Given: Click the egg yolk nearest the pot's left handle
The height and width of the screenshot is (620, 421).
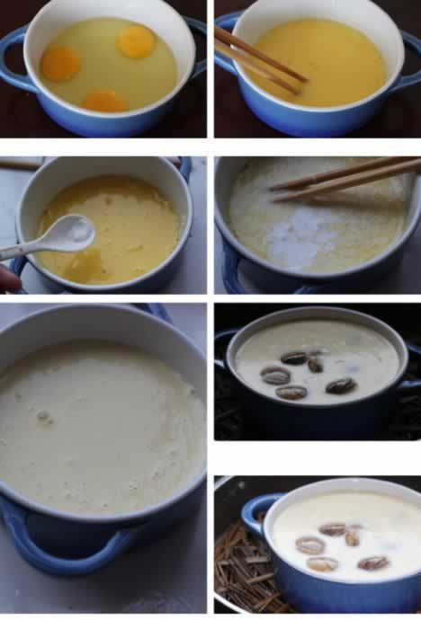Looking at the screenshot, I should tap(59, 64).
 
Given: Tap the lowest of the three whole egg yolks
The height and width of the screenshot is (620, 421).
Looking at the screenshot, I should tap(105, 102).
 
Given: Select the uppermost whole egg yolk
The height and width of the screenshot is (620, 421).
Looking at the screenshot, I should tap(136, 41).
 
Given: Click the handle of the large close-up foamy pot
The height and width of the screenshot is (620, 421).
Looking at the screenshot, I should tap(54, 544).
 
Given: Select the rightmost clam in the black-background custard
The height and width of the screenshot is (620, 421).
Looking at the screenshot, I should tap(340, 385).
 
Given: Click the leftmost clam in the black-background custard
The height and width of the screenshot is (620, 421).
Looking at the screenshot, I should tap(274, 375).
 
